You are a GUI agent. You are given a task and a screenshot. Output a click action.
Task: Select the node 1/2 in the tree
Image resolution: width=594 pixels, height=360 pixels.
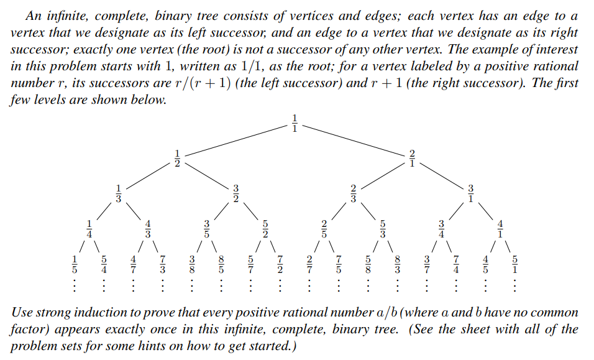pyautogui.click(x=177, y=159)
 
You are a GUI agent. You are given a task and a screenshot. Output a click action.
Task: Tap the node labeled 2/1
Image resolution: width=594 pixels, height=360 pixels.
pyautogui.click(x=412, y=159)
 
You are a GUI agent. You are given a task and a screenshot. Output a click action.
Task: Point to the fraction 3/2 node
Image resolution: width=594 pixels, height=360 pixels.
pyautogui.click(x=236, y=193)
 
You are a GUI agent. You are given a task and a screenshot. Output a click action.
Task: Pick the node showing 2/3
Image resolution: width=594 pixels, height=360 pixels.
pyautogui.click(x=353, y=193)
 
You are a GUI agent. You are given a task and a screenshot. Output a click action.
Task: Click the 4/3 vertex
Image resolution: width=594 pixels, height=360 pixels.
pyautogui.click(x=148, y=228)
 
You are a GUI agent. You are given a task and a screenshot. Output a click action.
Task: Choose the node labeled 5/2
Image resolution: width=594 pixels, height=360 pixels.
pyautogui.click(x=265, y=228)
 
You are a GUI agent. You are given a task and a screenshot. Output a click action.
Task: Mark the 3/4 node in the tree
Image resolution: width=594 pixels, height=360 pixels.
pyautogui.click(x=442, y=228)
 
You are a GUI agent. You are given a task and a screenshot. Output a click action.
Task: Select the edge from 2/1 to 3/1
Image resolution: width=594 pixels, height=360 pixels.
pyautogui.click(x=442, y=175)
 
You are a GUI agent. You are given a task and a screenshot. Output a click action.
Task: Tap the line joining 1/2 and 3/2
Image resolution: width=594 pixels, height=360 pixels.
pyautogui.click(x=207, y=176)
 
